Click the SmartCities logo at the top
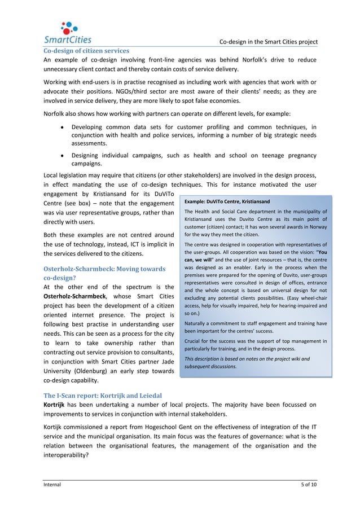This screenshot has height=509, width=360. pos(68,32)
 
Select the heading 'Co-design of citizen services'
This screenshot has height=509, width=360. pos(87,51)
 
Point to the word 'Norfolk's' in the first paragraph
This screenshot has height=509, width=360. pos(265,60)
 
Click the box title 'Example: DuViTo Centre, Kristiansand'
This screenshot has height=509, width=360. pos(227,201)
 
